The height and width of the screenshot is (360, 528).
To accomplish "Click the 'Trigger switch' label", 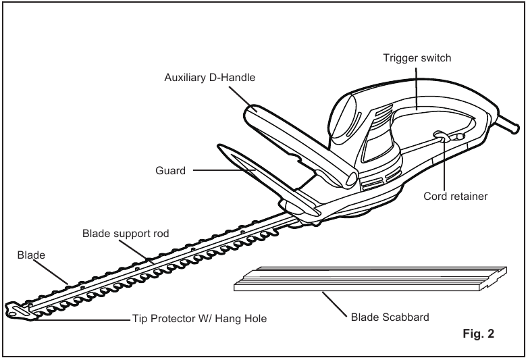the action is pos(417,58).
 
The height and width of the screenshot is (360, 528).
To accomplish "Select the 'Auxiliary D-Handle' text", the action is pos(210,78).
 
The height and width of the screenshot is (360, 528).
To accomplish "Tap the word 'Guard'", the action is pos(170,171).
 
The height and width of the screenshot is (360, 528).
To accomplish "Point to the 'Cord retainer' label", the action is pos(455,197).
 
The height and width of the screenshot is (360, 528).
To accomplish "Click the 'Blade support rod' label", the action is pos(126,234).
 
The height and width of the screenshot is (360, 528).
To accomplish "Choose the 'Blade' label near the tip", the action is pos(31,255).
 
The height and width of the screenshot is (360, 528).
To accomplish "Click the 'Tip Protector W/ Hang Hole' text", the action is pos(199,319).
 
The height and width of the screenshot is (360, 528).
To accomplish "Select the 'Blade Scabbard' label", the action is pos(390,317).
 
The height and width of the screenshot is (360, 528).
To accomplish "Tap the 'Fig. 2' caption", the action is pos(478,334).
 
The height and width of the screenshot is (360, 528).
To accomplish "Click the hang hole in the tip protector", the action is pos(12,314).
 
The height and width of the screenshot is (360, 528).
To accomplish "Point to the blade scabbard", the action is pos(371,279).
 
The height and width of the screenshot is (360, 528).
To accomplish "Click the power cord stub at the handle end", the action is pos(508,124).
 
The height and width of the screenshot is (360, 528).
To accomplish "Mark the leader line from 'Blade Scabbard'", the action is pos(334,305).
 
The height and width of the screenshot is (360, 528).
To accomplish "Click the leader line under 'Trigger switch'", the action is pos(417,89).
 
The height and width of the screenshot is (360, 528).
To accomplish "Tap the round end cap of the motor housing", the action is pos(344,117).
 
